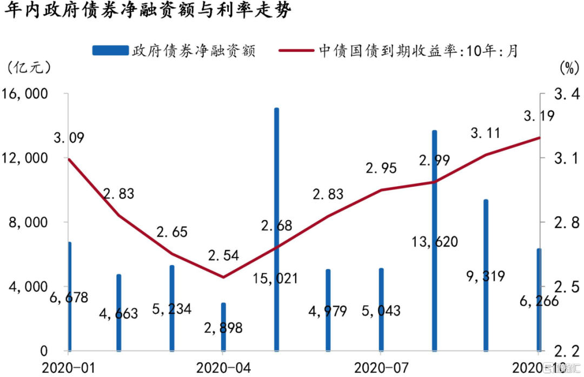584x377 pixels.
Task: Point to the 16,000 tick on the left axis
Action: click(25, 94)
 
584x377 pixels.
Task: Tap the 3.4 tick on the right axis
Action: click(562, 94)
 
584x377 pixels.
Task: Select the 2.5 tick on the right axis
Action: click(562, 287)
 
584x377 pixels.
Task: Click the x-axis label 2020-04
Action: click(223, 367)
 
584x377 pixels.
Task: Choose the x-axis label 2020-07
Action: click(381, 367)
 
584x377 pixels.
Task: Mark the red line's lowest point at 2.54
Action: click(223, 277)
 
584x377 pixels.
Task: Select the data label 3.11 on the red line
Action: click(486, 133)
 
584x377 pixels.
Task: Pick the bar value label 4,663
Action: click(119, 313)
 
